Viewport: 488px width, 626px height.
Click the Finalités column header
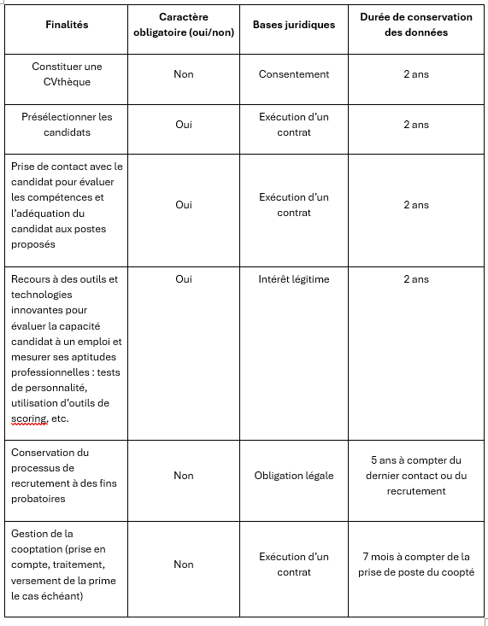67,25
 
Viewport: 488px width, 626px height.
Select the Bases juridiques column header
293,25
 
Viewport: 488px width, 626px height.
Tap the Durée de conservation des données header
415,25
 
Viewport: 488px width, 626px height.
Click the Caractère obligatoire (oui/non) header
184,25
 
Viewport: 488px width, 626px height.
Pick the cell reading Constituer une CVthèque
67,74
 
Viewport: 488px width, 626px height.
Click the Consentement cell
293,74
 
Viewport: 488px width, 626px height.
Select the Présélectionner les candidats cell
67,125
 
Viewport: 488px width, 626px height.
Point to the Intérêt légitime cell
293,279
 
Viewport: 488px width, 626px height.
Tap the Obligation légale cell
293,476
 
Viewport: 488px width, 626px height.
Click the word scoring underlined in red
28,418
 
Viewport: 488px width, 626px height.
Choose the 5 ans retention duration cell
415,476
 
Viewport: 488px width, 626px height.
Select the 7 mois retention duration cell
415,565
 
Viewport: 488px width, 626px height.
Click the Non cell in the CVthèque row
184,74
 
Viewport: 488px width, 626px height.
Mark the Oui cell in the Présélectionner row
184,125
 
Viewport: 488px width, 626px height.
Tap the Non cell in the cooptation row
184,565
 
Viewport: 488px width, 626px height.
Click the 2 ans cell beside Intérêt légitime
415,279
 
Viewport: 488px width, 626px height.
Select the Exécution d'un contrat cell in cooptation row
293,565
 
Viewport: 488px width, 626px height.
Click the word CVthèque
67,82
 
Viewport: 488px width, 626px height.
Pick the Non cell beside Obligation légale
184,476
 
